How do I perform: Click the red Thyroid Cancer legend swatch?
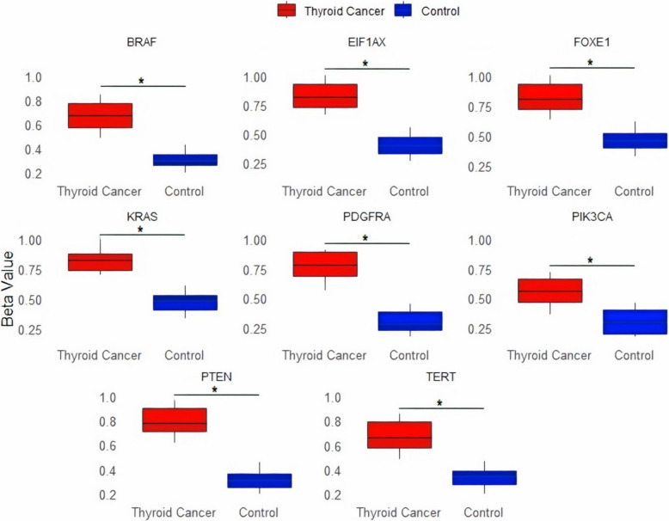point(287,10)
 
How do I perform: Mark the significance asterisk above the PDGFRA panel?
point(365,238)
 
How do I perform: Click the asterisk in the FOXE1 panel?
point(591,62)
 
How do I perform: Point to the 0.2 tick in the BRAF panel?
point(33,174)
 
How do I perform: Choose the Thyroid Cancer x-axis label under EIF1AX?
point(324,191)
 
